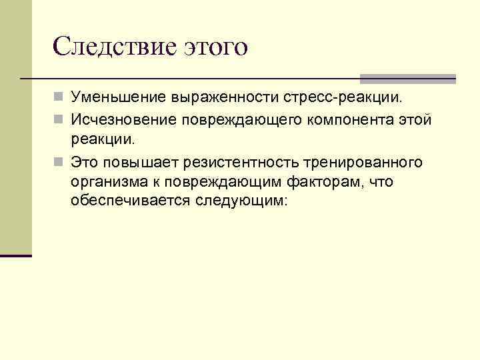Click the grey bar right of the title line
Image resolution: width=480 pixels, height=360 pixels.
coord(408,78)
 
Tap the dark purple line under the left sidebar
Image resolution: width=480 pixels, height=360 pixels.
coord(16,255)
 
